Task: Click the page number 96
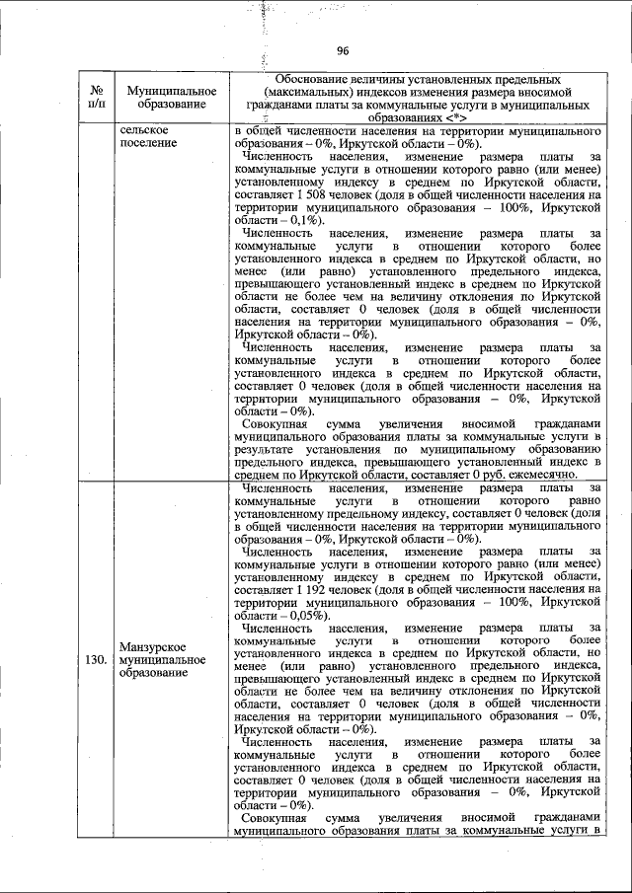coord(343,51)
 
